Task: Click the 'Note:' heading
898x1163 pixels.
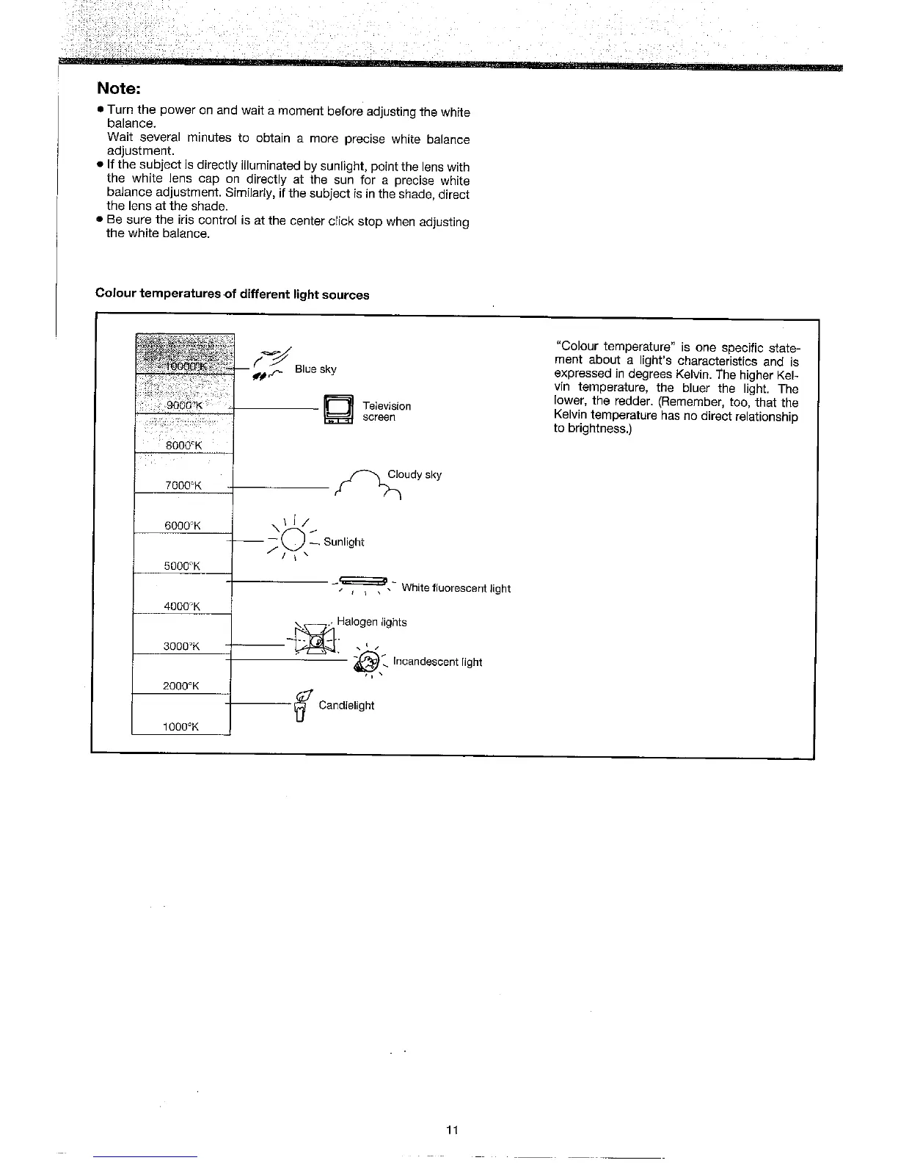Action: click(118, 88)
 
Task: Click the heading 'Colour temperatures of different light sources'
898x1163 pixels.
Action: click(232, 294)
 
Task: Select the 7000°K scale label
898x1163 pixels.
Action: click(183, 485)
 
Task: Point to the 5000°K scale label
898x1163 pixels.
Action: click(183, 565)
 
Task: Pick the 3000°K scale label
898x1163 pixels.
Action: click(181, 646)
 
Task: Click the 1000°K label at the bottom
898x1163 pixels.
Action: click(181, 727)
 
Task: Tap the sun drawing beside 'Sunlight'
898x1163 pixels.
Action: click(292, 540)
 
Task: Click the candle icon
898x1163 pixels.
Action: click(300, 707)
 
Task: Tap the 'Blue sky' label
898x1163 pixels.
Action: click(315, 369)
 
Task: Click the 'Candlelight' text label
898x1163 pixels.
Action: click(346, 706)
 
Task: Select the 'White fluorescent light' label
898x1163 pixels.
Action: click(456, 588)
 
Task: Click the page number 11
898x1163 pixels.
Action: click(452, 1130)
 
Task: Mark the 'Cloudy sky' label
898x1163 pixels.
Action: click(415, 474)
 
